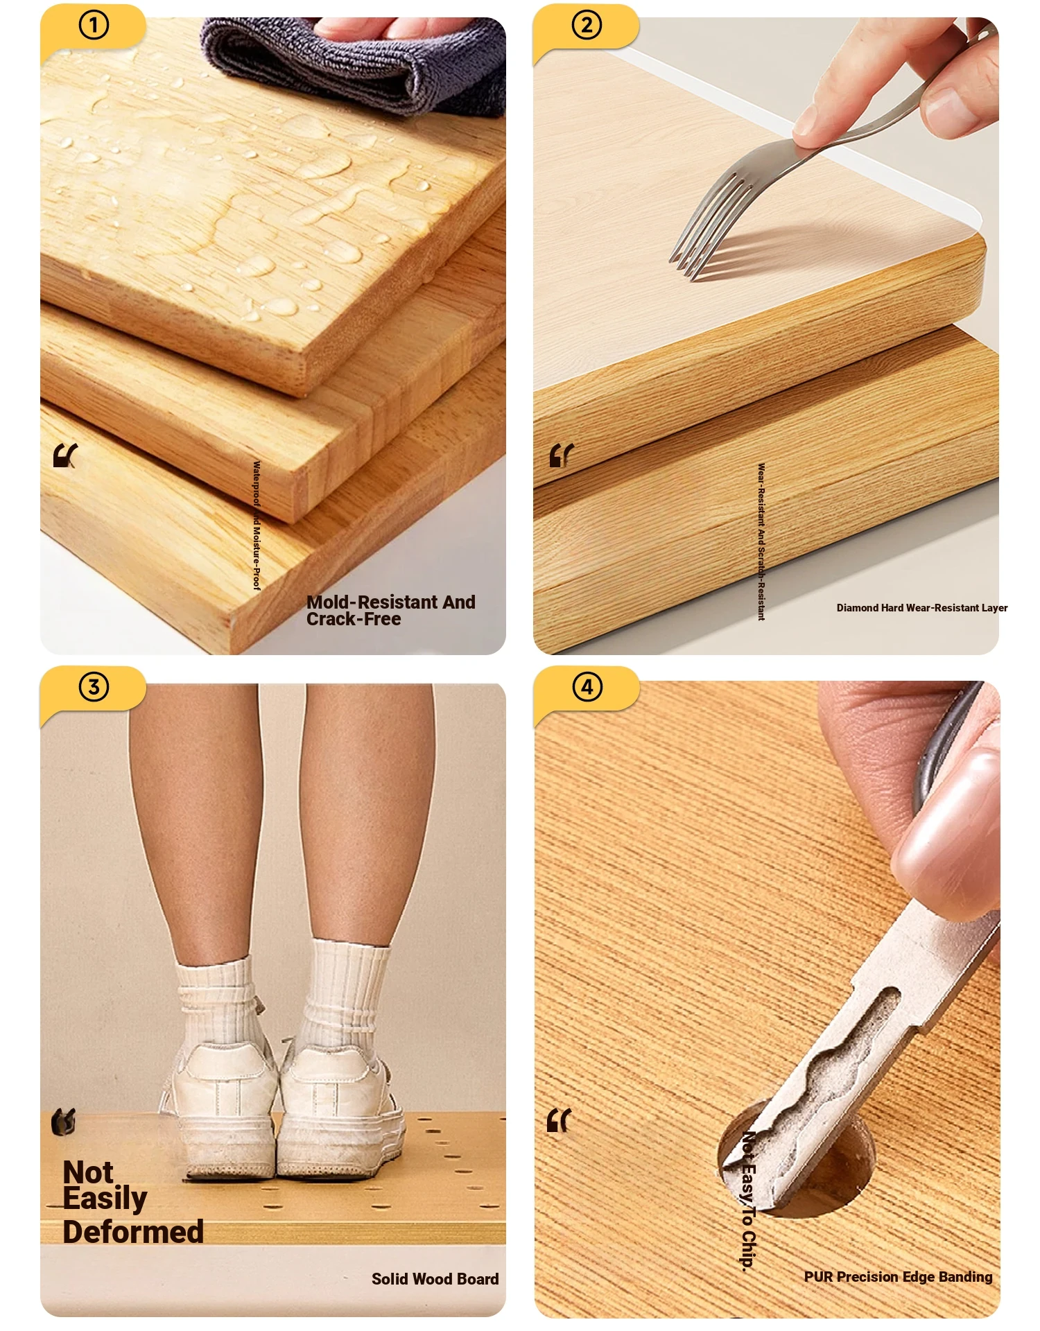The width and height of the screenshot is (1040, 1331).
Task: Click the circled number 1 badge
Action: [94, 26]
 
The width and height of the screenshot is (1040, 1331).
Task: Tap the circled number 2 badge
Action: [587, 26]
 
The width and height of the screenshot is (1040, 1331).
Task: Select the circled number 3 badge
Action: [94, 687]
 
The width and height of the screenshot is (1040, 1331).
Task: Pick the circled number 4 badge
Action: [587, 687]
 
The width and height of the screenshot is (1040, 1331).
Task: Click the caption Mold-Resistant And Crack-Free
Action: [391, 610]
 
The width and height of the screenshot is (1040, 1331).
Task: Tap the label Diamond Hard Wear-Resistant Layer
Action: [922, 608]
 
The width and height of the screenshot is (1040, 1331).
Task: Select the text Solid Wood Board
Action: [435, 1279]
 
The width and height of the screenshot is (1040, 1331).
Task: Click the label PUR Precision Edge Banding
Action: [898, 1277]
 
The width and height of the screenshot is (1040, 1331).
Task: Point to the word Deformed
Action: [133, 1232]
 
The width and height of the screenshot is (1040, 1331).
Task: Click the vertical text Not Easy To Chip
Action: [748, 1201]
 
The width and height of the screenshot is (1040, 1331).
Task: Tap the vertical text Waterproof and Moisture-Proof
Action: [257, 525]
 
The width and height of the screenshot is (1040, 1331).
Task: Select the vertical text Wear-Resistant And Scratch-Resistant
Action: [761, 541]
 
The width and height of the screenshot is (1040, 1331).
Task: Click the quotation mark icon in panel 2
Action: [561, 455]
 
